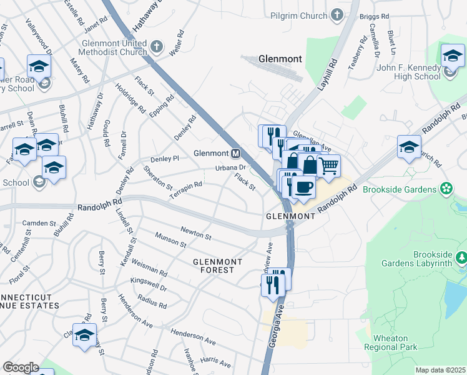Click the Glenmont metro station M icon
(236, 153)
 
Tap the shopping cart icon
(329, 166)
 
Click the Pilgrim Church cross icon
(337, 14)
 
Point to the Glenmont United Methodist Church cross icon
(157, 46)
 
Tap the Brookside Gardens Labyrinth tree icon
(461, 257)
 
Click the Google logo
(21, 367)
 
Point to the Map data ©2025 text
(440, 370)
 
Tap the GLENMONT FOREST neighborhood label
(214, 266)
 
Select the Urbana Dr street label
(231, 167)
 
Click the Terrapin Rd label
(185, 191)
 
